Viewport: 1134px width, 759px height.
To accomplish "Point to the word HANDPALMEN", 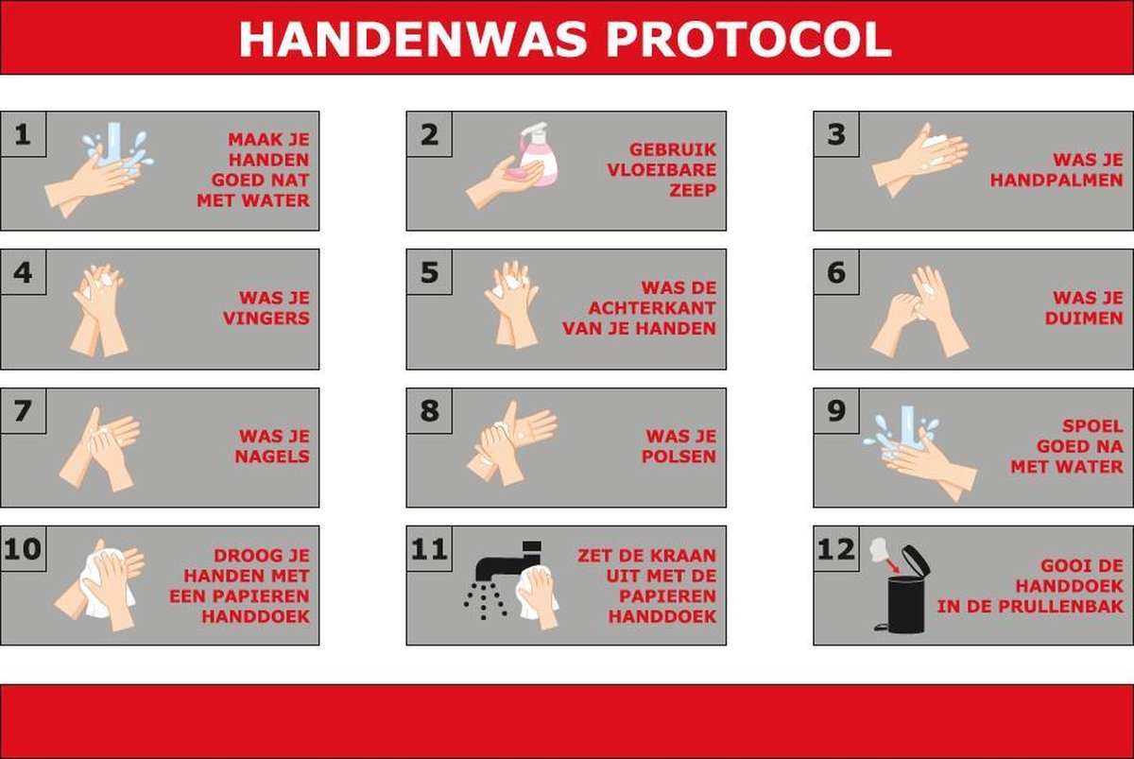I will (1056, 181).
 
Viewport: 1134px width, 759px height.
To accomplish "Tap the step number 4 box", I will (23, 272).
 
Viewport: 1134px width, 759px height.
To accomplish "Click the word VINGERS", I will (266, 319).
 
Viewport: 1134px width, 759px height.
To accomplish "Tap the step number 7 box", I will (23, 411).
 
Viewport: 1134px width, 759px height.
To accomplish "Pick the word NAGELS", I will (273, 457).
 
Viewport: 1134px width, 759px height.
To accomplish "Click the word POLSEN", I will (679, 457).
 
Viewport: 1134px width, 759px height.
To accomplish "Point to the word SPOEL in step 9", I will (1091, 426).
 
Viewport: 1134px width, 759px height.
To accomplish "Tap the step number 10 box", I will (23, 549).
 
